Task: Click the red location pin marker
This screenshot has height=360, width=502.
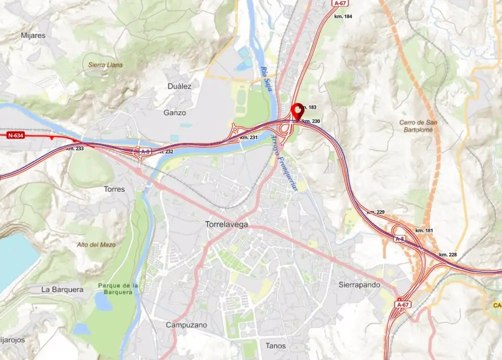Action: [x=298, y=110]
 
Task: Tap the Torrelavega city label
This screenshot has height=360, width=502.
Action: [x=227, y=224]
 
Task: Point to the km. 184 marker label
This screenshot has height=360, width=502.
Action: [x=343, y=16]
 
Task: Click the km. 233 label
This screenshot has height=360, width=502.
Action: [x=75, y=148]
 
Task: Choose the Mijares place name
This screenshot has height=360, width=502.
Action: [x=33, y=35]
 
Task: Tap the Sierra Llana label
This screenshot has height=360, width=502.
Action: [x=105, y=65]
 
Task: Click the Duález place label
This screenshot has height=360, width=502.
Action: [x=180, y=86]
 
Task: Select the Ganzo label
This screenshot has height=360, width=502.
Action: [x=175, y=113]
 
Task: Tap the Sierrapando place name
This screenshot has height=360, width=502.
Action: [x=360, y=284]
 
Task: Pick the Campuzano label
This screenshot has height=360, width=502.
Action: [x=186, y=325]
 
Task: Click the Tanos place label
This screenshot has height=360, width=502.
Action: [x=276, y=344]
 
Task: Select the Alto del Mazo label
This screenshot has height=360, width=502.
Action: [x=96, y=244]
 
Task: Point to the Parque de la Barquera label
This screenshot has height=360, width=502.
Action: [x=118, y=288]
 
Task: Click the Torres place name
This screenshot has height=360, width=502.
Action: [x=114, y=189]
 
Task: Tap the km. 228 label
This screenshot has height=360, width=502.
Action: [x=448, y=255]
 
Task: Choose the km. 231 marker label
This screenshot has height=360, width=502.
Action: [x=249, y=137]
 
